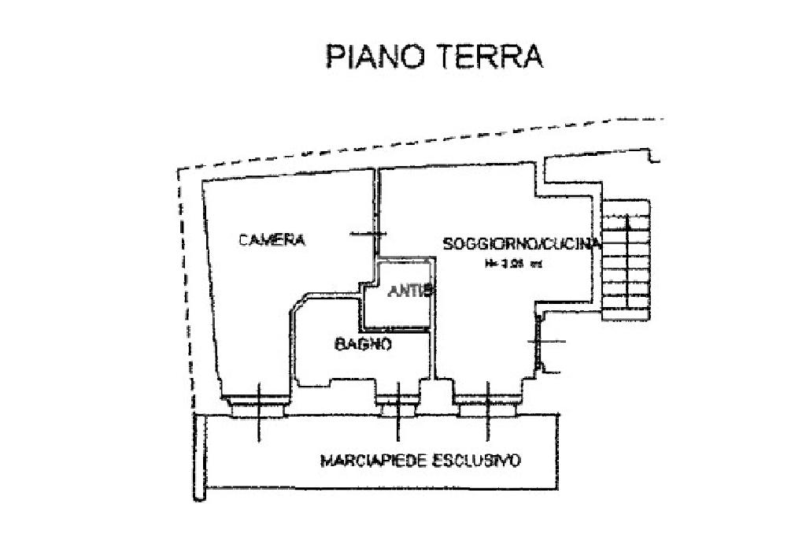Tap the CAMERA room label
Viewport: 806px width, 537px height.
(272, 240)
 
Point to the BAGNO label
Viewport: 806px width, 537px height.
(363, 343)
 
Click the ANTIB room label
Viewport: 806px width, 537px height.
(411, 291)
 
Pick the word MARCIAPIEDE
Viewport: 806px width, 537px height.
(373, 461)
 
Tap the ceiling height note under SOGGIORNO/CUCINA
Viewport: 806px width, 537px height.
(513, 265)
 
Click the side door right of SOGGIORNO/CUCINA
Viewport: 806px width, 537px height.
(542, 342)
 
